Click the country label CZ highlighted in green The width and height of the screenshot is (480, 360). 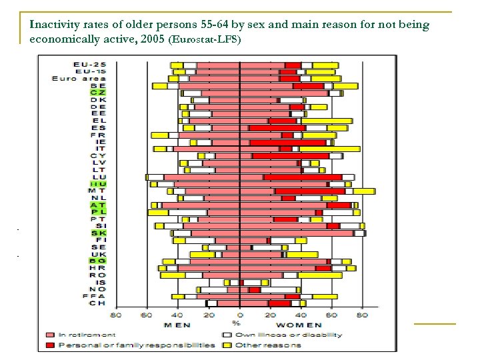97,93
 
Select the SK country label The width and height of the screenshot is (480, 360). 97,233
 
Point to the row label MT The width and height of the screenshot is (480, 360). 97,191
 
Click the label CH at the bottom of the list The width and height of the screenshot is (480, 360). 97,303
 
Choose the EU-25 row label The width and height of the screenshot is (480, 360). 89,65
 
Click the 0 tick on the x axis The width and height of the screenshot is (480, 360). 240,315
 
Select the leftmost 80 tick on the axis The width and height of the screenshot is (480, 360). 115,315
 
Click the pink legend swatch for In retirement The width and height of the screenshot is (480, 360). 50,335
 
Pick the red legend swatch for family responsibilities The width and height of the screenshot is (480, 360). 50,345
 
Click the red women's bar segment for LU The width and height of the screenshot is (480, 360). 303,177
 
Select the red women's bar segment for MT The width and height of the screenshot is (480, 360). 309,191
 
